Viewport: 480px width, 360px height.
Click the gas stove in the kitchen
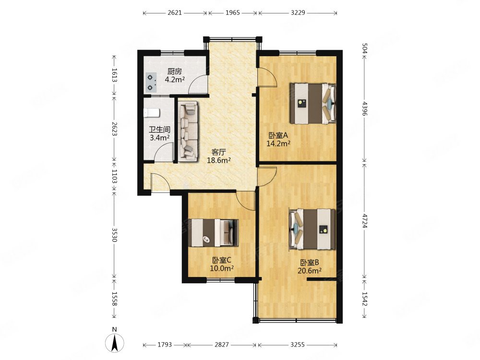[x=150, y=83]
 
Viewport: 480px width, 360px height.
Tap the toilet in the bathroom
[x=152, y=113]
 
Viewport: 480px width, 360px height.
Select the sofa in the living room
[x=188, y=131]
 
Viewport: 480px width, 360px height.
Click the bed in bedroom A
[x=313, y=104]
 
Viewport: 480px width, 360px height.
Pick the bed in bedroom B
[x=312, y=229]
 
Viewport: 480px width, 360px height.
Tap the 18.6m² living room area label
[x=218, y=160]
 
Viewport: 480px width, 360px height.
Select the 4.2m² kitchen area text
[x=175, y=80]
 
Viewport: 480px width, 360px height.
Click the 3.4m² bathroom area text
[x=159, y=138]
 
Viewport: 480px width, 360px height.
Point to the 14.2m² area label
[x=278, y=143]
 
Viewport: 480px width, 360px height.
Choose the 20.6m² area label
[x=310, y=271]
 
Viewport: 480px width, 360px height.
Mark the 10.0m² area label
[x=222, y=268]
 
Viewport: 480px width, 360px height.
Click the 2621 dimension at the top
[x=175, y=12]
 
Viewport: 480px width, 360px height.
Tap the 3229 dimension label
[x=298, y=12]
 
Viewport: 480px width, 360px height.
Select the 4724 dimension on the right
[x=364, y=221]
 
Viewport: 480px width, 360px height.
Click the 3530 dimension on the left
[x=115, y=235]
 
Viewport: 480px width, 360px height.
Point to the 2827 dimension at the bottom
[x=222, y=345]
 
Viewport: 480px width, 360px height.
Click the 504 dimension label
[x=364, y=48]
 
